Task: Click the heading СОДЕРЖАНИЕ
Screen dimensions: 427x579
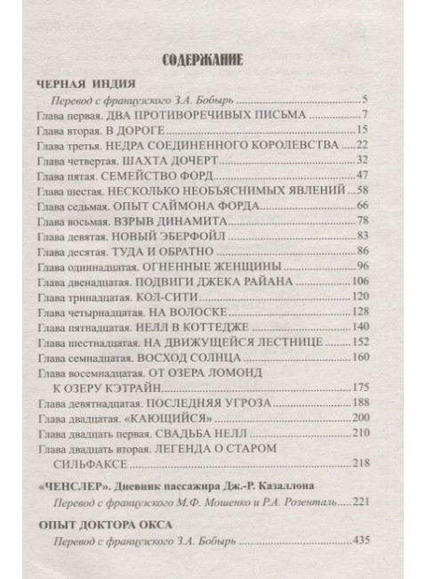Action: [x=205, y=61]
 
